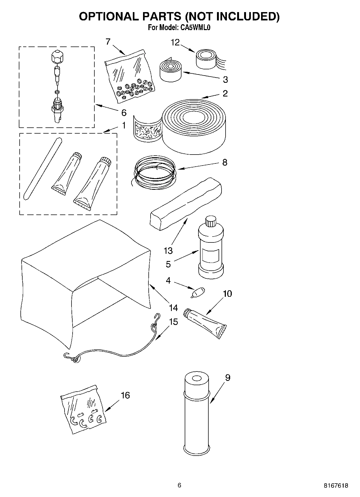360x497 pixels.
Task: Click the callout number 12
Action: pyautogui.click(x=175, y=43)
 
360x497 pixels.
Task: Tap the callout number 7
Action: pyautogui.click(x=108, y=42)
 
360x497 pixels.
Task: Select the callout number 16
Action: pyautogui.click(x=125, y=395)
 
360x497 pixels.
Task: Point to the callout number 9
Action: pyautogui.click(x=227, y=378)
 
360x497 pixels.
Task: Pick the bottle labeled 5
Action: pyautogui.click(x=211, y=251)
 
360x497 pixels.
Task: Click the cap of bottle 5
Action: pyautogui.click(x=211, y=221)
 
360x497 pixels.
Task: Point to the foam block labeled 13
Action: pyautogui.click(x=186, y=204)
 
